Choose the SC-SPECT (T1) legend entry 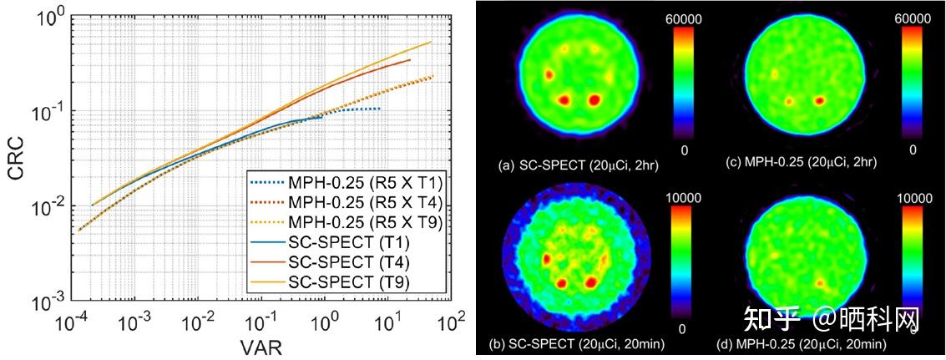[335, 243]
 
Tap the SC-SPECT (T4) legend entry [335, 262]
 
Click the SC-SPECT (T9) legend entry [335, 281]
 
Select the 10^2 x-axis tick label [456, 321]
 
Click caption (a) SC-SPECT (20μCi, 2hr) [579, 165]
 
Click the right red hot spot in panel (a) [594, 100]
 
